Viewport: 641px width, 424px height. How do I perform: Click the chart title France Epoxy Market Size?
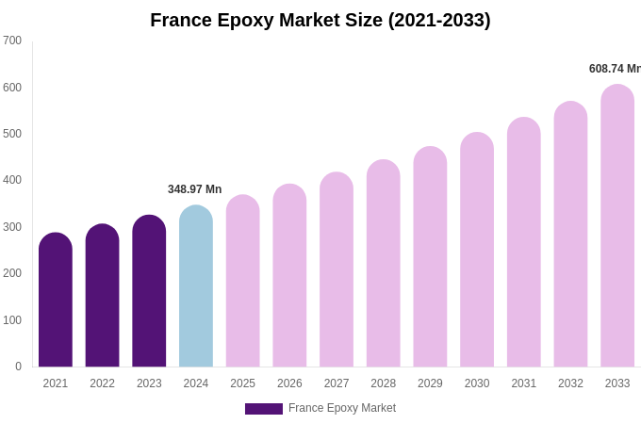pyautogui.click(x=320, y=20)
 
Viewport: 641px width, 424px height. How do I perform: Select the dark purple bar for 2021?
pyautogui.click(x=56, y=302)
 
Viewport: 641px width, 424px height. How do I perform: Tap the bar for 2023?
pyautogui.click(x=149, y=292)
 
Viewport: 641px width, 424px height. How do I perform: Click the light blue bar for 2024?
pyautogui.click(x=196, y=287)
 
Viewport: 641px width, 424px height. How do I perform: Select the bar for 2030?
pyautogui.click(x=477, y=251)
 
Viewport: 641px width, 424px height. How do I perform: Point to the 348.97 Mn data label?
pyautogui.click(x=195, y=189)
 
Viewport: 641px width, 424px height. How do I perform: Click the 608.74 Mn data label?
pyautogui.click(x=614, y=69)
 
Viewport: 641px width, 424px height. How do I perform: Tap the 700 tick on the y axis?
pyautogui.click(x=12, y=41)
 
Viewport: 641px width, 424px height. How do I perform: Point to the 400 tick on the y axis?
pyautogui.click(x=12, y=180)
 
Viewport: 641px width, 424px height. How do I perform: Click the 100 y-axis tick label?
pyautogui.click(x=12, y=320)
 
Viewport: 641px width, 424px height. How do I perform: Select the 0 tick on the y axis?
pyautogui.click(x=18, y=367)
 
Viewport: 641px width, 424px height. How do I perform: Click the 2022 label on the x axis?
pyautogui.click(x=103, y=383)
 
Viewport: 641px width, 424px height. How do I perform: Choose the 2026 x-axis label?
pyautogui.click(x=289, y=383)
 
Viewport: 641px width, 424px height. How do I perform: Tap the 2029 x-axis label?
pyautogui.click(x=430, y=383)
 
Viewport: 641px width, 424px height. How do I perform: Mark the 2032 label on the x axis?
pyautogui.click(x=570, y=383)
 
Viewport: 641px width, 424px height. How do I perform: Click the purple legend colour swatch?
pyautogui.click(x=264, y=409)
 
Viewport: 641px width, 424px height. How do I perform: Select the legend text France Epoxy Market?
pyautogui.click(x=342, y=408)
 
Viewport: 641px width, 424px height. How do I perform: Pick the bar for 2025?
pyautogui.click(x=243, y=282)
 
